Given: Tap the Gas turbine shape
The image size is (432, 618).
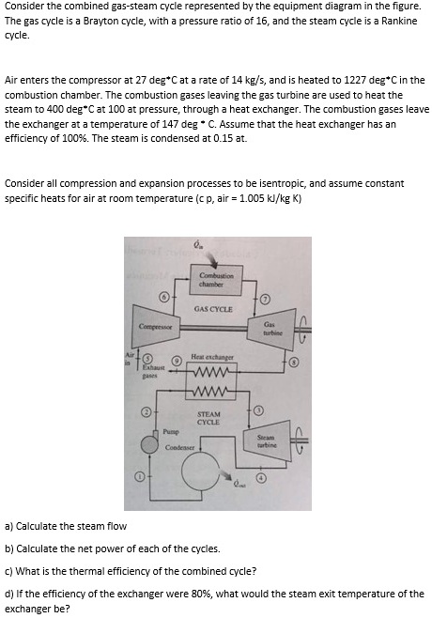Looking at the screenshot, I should click(269, 329).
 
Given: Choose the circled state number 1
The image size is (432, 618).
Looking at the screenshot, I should click(141, 477).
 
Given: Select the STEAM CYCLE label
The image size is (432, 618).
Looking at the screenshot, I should click(209, 418).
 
